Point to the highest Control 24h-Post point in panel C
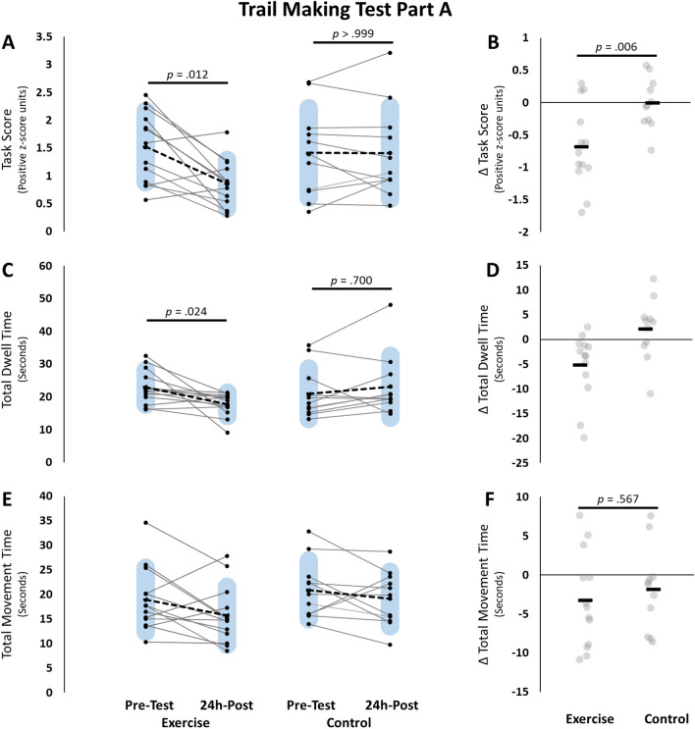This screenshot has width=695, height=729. [x=390, y=305]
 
